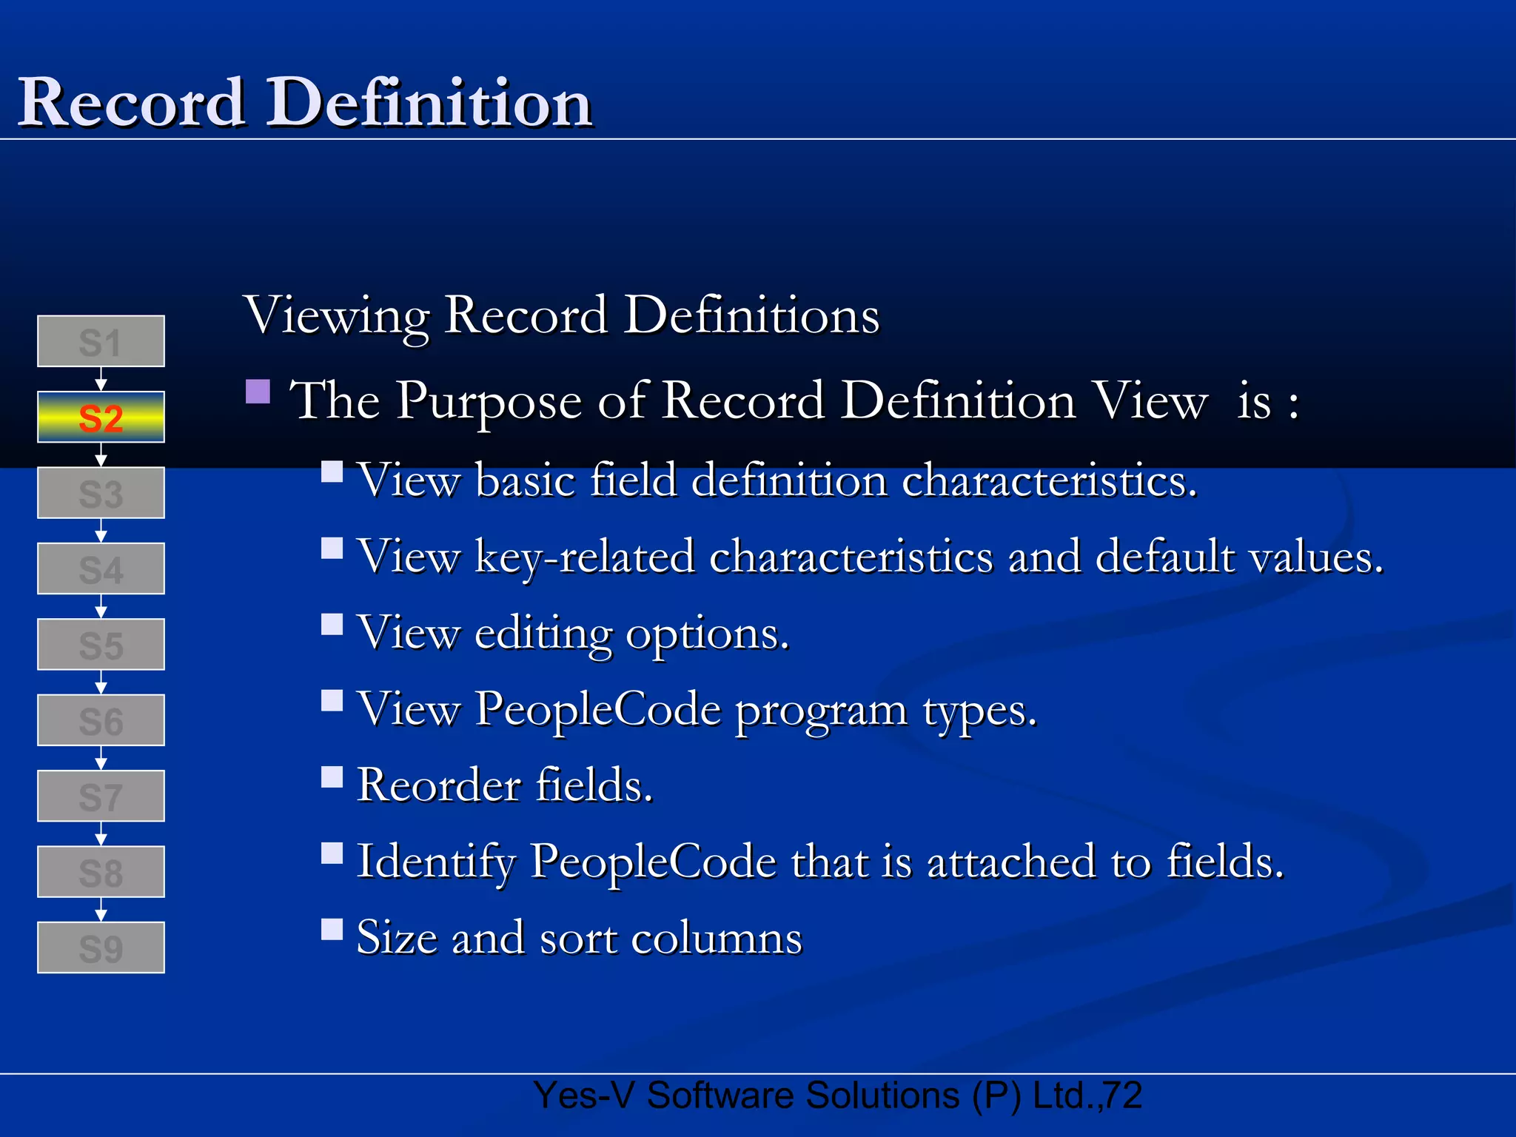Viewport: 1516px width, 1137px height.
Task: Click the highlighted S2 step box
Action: click(x=101, y=417)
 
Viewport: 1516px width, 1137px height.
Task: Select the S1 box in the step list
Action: click(x=101, y=341)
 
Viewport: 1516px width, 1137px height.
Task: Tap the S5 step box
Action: click(x=101, y=645)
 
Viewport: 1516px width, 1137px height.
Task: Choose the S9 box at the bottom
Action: click(x=101, y=947)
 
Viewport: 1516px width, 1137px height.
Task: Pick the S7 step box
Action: click(x=101, y=796)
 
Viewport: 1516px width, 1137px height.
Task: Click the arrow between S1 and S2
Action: click(x=101, y=380)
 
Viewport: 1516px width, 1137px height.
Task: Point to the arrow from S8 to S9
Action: click(x=101, y=910)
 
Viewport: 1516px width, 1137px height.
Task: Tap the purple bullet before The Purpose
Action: click(x=258, y=392)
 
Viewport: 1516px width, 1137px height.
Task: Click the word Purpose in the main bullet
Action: click(x=489, y=401)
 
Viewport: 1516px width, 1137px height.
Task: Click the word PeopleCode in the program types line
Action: click(x=598, y=709)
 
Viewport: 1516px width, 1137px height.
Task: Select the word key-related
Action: click(x=585, y=557)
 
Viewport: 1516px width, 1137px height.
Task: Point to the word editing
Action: click(x=543, y=634)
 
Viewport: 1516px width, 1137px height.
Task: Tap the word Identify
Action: click(x=436, y=862)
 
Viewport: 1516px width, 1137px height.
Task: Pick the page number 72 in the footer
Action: click(x=1123, y=1096)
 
